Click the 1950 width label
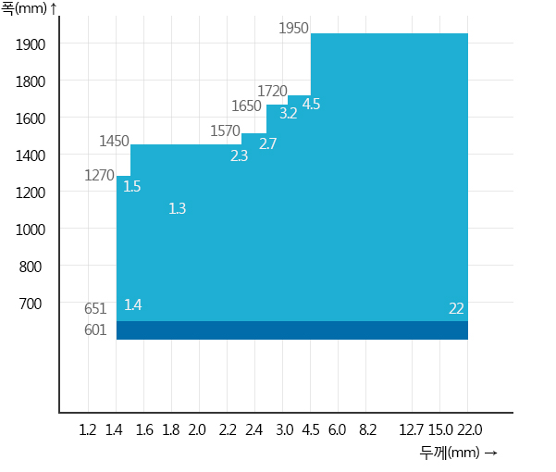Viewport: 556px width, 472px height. click(293, 28)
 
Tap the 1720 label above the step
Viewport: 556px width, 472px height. click(272, 91)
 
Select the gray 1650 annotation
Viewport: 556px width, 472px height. click(246, 106)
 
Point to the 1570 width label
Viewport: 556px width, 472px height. click(225, 130)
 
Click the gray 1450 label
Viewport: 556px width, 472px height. click(114, 142)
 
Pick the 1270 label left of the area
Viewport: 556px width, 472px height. click(99, 175)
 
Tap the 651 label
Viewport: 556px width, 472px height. click(95, 308)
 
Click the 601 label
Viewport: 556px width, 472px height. click(95, 329)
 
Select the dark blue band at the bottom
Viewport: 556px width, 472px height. click(292, 330)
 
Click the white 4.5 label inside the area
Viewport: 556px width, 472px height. click(312, 104)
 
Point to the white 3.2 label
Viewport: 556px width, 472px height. click(289, 113)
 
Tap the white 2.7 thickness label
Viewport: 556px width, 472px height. click(267, 143)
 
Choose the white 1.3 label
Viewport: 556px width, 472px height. click(178, 208)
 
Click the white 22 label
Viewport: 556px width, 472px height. click(456, 308)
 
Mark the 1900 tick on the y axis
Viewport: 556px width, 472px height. click(31, 45)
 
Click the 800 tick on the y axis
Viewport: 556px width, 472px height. click(31, 267)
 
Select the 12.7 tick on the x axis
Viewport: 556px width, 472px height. click(412, 429)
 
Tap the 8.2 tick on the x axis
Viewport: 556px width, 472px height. click(367, 429)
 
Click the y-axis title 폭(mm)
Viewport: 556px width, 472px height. click(24, 8)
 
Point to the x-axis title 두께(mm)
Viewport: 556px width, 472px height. click(450, 453)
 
